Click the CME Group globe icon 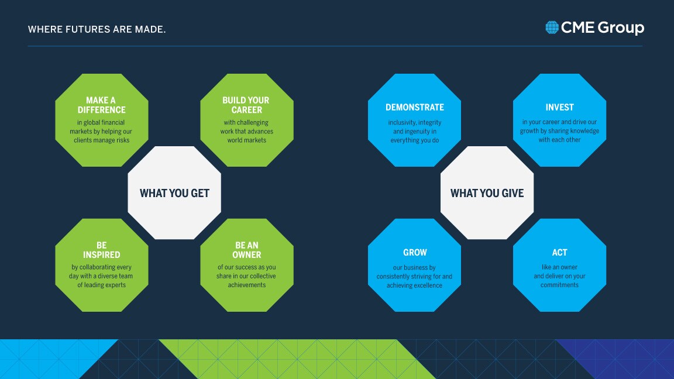pos(552,27)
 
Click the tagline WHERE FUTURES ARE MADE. pos(97,29)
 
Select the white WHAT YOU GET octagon pos(174,193)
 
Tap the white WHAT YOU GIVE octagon pos(487,193)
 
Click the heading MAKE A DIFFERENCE pos(101,105)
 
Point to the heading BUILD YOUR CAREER pos(246,105)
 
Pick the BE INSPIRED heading pos(101,250)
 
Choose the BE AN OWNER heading pos(247,250)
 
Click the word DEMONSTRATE pos(415,107)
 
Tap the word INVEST pos(560,107)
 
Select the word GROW pos(415,252)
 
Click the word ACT pos(560,252)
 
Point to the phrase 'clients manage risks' pos(101,140)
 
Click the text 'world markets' pos(247,140)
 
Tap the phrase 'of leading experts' pos(101,285)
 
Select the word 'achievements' pos(247,285)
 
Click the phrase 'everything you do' pos(415,140)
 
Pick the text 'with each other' pos(560,140)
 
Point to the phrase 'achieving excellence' pos(414,285)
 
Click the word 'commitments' pos(560,285)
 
